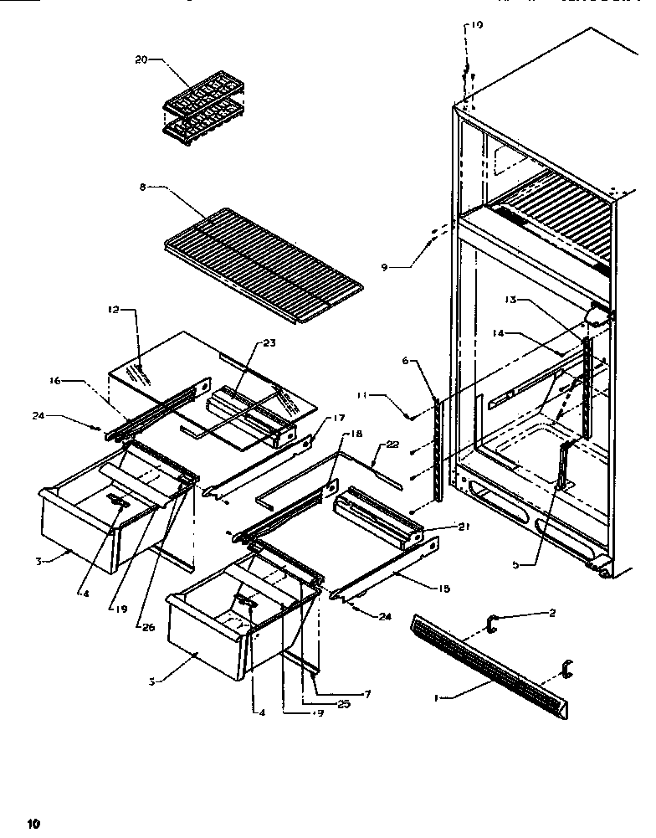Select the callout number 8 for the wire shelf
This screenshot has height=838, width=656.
click(143, 188)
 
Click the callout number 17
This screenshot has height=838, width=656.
click(315, 417)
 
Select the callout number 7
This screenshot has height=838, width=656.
click(366, 694)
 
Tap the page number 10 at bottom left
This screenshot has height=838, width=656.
click(33, 823)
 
